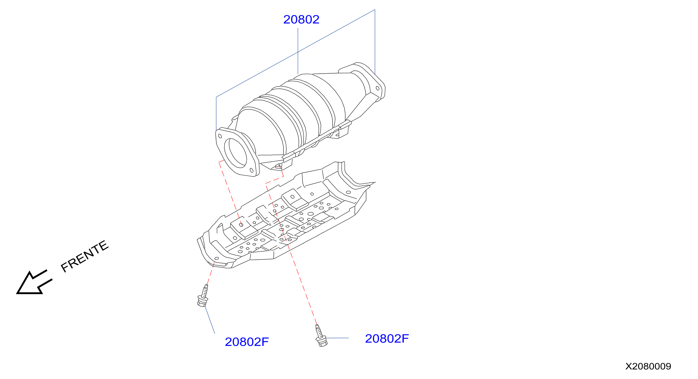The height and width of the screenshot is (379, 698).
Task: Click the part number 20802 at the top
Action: point(301,19)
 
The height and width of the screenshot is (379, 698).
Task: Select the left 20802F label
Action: point(246,342)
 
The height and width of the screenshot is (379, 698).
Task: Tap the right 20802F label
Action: point(387,339)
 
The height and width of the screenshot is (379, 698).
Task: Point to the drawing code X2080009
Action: point(648,366)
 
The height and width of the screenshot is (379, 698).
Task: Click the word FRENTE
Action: point(84,256)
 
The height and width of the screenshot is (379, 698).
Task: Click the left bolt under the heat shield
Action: point(203,295)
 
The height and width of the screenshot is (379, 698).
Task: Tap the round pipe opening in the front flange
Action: point(235,153)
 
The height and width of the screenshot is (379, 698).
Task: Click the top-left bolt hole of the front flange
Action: point(220,136)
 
